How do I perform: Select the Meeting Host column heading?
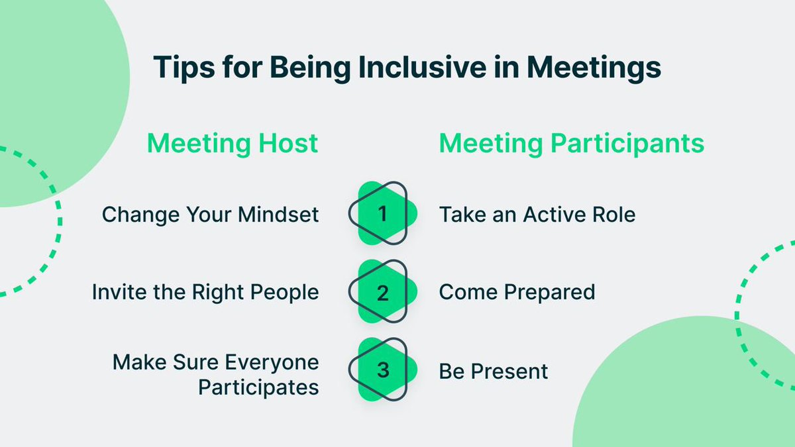coord(232,144)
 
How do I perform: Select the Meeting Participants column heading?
coord(571,144)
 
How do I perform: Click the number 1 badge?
coord(383,214)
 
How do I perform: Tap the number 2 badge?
coord(383,292)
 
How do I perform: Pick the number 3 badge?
coord(383,370)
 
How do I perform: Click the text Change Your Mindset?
coord(210,215)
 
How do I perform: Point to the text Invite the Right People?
coord(205,292)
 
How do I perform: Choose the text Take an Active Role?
coord(537,215)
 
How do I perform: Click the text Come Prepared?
coord(517,292)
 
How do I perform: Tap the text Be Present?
coord(494,371)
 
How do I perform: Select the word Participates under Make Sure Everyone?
coord(258,387)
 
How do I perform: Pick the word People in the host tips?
coord(285,292)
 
